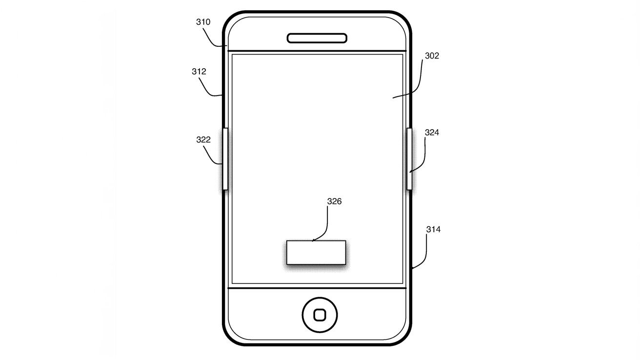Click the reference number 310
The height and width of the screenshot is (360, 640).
[x=203, y=22]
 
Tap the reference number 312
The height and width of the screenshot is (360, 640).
[x=199, y=71]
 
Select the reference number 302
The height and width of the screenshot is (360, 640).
[x=432, y=56]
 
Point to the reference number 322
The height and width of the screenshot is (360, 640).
[x=203, y=140]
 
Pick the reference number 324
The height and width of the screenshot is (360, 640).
[x=432, y=132]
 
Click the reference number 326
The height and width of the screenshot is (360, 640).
[x=334, y=201]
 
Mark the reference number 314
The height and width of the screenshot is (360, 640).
[x=433, y=229]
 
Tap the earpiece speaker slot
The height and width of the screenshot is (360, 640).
[x=317, y=38]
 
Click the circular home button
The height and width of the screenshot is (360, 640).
[x=320, y=315]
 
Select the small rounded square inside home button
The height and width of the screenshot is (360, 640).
[x=320, y=315]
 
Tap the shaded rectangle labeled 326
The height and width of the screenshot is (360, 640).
[x=316, y=252]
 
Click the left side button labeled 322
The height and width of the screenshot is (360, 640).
[x=225, y=159]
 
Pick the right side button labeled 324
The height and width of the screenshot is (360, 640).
[x=409, y=159]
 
